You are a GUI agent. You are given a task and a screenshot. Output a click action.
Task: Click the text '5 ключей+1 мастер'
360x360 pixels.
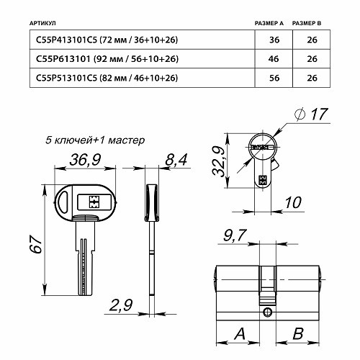(x=94, y=140)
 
